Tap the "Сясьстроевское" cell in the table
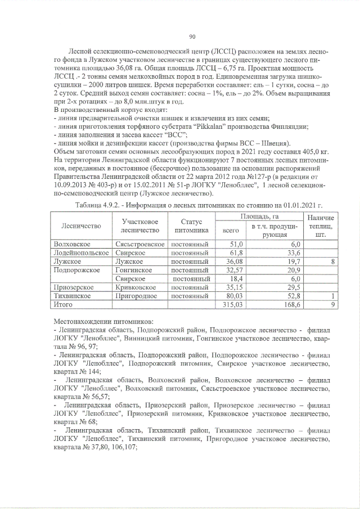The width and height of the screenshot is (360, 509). point(139,244)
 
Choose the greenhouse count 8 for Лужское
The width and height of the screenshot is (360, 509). point(333,262)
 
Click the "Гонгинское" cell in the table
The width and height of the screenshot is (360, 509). point(133,270)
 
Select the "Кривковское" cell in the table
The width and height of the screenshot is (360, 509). point(136,287)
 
